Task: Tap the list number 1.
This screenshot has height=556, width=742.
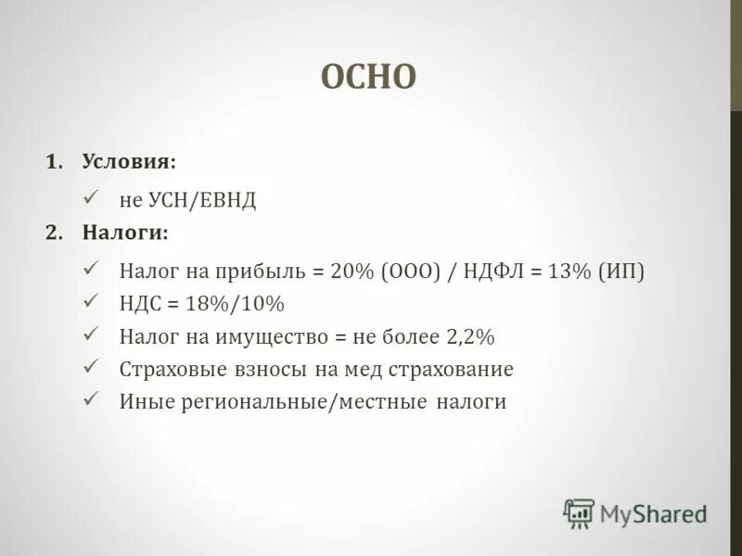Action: (52, 161)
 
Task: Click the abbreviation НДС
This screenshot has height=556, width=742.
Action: (141, 304)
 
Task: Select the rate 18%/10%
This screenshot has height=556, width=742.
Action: (237, 304)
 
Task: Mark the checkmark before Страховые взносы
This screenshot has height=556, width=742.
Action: (91, 366)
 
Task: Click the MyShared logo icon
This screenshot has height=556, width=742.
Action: (580, 512)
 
